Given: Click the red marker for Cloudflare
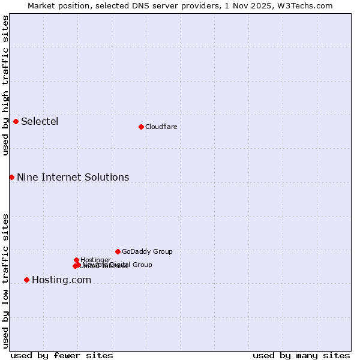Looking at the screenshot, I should click(141, 127).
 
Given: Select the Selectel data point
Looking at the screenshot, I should click(16, 121).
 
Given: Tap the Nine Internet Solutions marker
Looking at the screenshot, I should click(11, 177).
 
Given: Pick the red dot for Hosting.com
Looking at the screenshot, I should click(26, 280).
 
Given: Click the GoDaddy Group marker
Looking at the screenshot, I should click(118, 251).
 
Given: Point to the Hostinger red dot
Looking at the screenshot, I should click(76, 260).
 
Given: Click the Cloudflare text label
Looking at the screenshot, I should click(161, 127).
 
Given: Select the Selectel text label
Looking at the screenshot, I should click(40, 121).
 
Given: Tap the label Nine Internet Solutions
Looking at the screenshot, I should click(73, 177).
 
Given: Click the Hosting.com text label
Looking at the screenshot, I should click(61, 280).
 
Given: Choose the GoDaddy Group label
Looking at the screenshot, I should click(147, 251).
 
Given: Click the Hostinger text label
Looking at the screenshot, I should click(95, 260).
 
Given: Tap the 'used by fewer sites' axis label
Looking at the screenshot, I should click(62, 355).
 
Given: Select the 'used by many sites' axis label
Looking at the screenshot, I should click(301, 355).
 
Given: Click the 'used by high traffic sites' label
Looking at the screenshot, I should click(5, 86).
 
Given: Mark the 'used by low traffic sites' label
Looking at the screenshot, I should click(5, 280).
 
